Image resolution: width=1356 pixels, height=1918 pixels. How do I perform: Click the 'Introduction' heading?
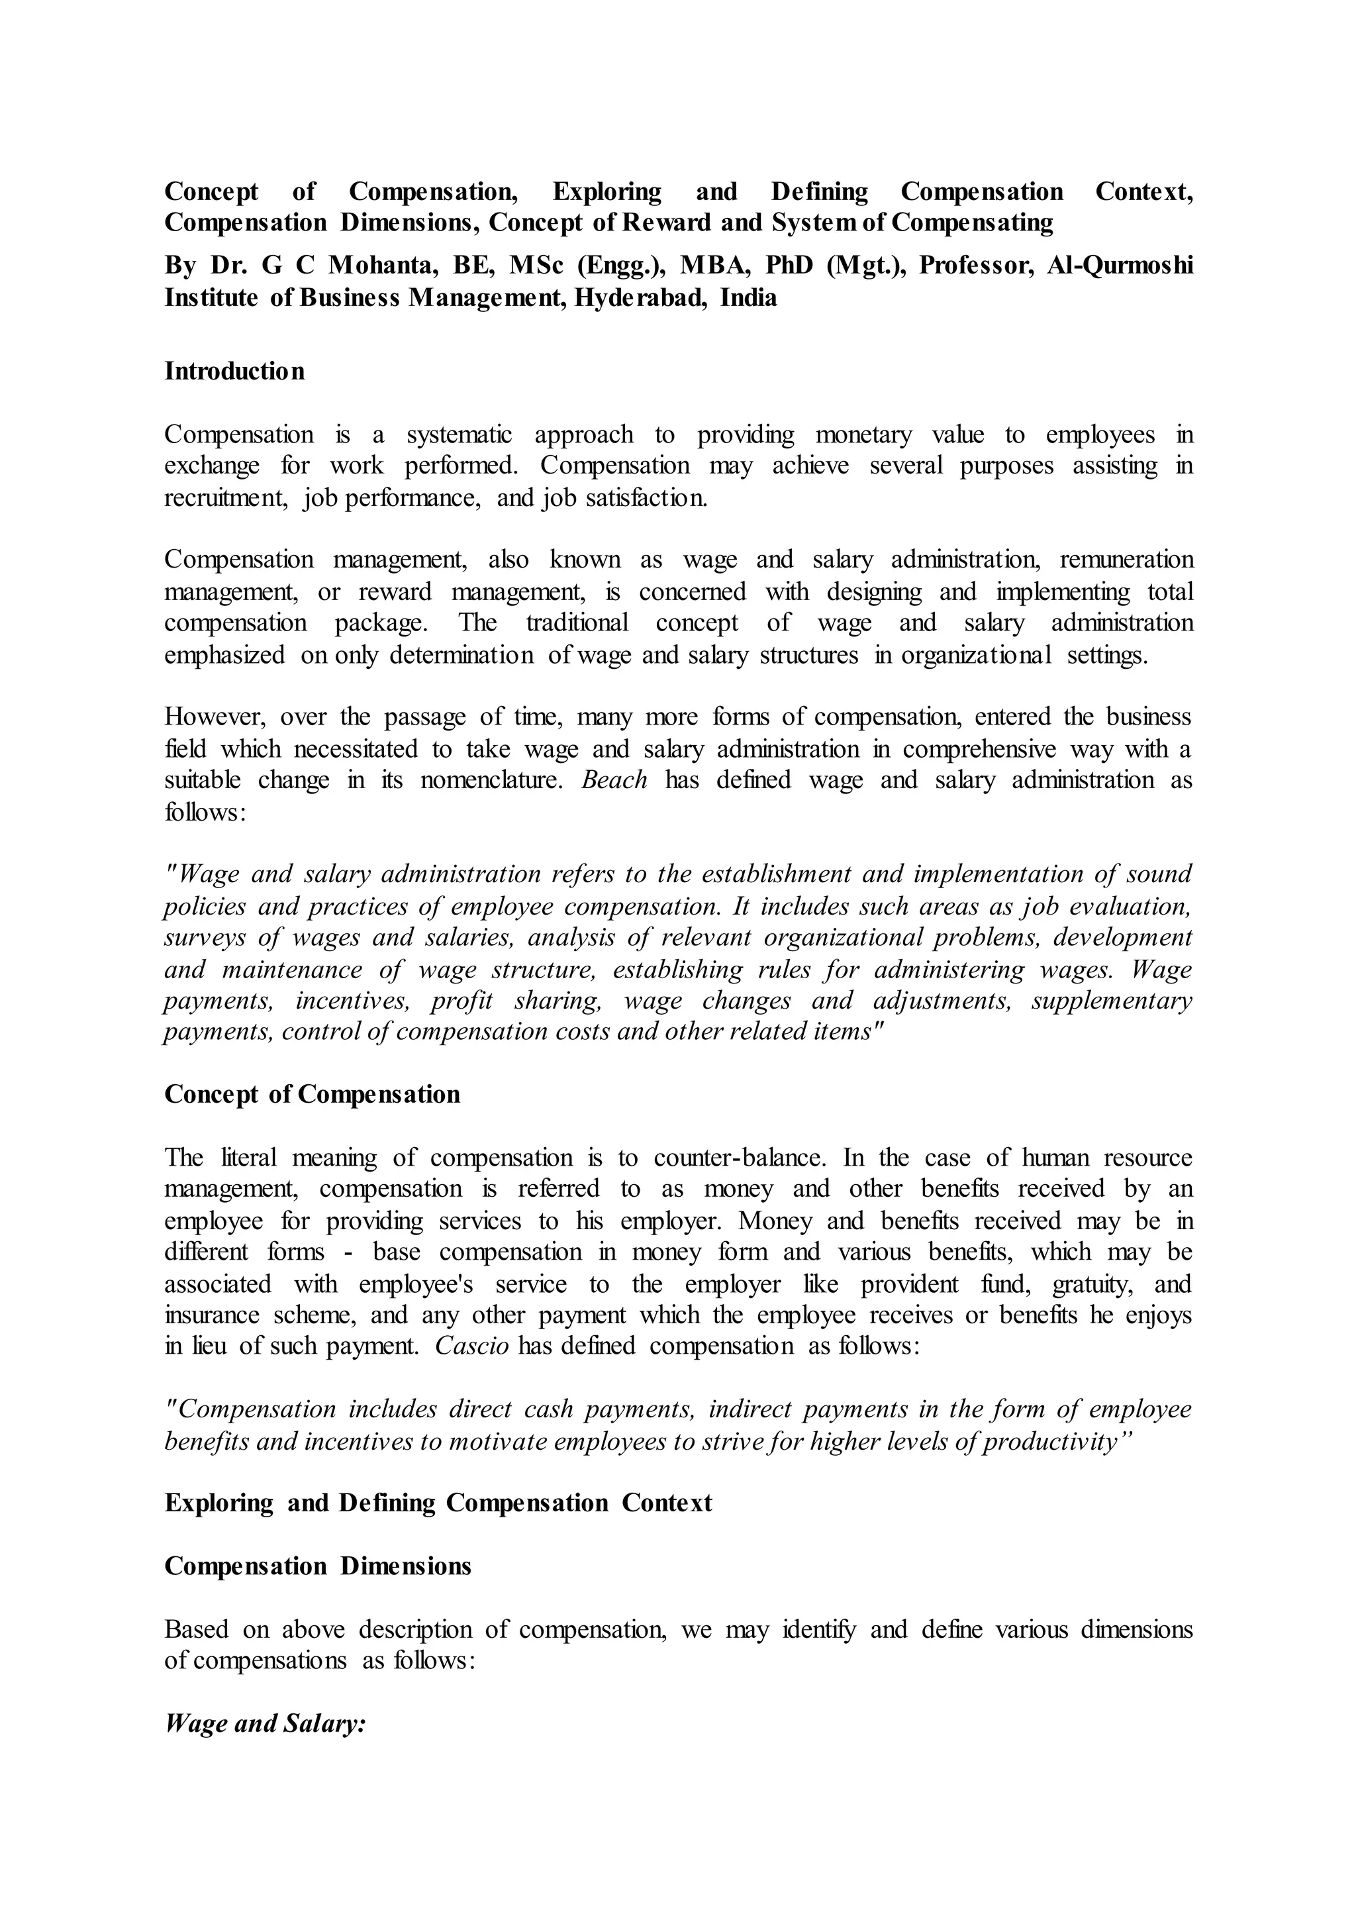[x=234, y=371]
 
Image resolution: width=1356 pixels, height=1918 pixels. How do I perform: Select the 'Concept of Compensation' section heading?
[x=313, y=1094]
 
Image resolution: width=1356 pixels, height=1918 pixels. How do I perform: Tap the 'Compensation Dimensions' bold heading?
[x=318, y=1566]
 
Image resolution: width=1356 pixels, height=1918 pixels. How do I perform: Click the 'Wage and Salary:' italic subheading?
[x=266, y=1723]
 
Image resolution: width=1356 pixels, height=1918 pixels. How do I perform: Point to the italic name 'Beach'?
[x=614, y=780]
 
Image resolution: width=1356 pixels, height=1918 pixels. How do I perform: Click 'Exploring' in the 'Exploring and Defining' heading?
[x=218, y=1503]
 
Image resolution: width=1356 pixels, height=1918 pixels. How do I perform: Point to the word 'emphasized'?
[x=224, y=655]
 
